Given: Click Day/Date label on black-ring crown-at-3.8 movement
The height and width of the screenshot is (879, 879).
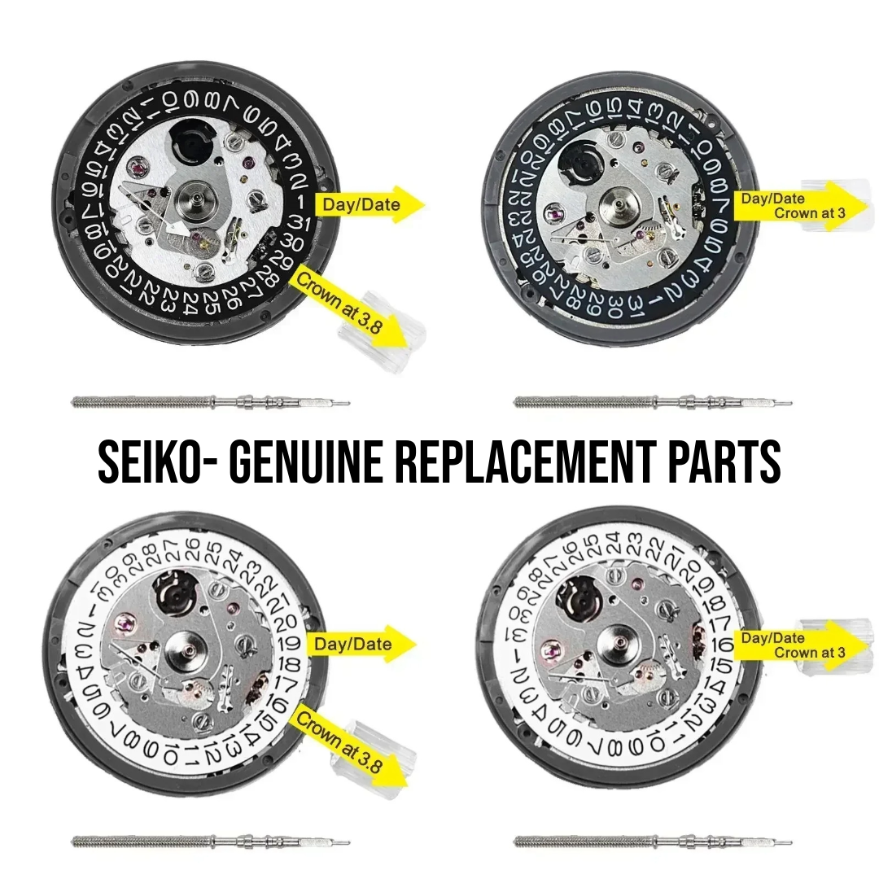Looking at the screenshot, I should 361,204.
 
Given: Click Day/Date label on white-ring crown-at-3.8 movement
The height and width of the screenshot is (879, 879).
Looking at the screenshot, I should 353,644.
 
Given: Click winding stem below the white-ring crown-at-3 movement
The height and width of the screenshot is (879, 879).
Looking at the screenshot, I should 651,842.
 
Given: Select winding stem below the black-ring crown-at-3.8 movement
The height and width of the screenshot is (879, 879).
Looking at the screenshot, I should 210,402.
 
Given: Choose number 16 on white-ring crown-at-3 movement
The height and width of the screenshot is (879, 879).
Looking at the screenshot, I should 727,645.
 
